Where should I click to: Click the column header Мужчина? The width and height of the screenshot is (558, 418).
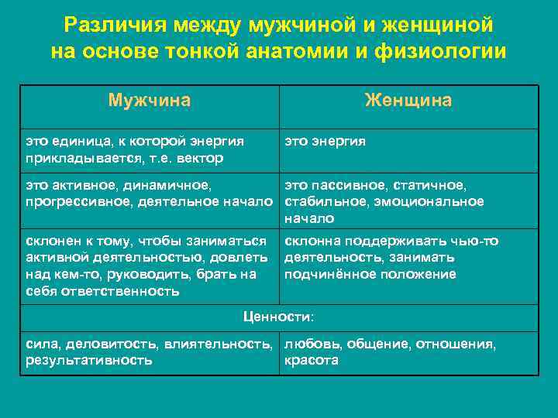(x=150, y=101)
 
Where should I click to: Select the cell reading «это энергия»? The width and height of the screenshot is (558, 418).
(x=325, y=142)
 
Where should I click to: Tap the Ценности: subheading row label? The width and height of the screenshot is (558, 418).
(x=279, y=317)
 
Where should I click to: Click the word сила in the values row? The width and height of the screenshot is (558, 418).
(x=41, y=344)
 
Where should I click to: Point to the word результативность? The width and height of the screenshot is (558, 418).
(x=88, y=361)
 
